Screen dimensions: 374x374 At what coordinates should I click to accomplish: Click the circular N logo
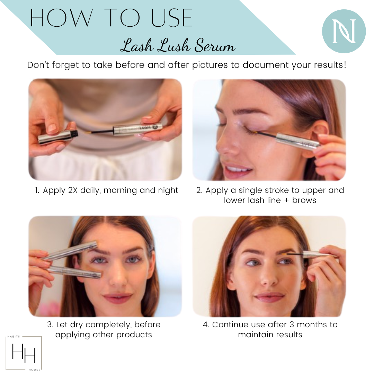click(x=344, y=31)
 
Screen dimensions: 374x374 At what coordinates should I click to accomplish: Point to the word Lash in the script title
click(x=137, y=45)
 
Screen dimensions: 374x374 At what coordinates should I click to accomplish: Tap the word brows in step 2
click(x=304, y=201)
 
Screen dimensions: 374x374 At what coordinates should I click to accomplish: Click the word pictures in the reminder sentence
click(x=210, y=65)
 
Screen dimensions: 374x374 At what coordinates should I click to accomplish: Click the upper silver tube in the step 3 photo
click(x=70, y=250)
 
